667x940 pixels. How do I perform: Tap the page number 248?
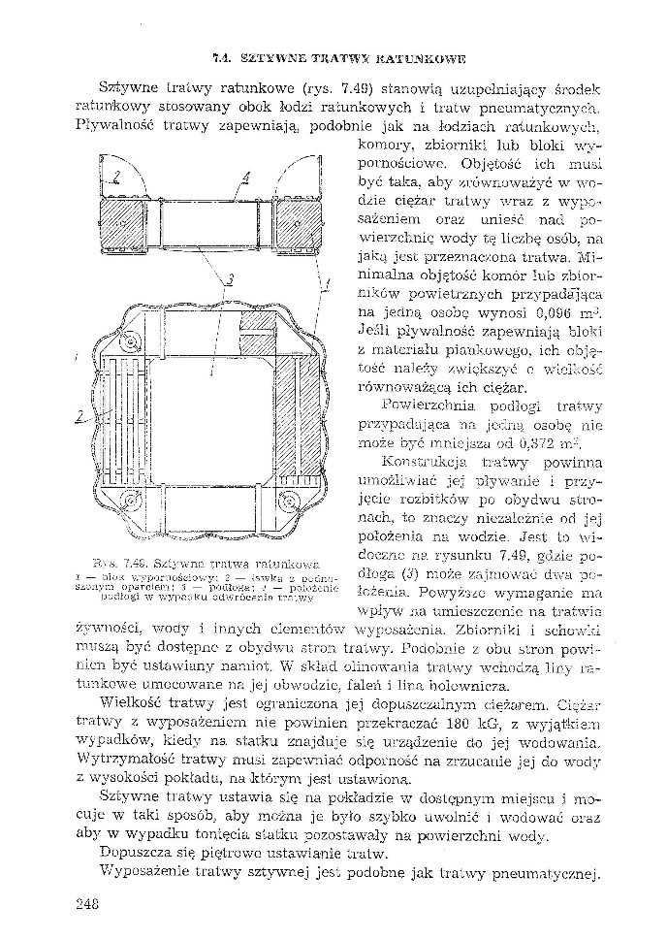[x=87, y=904]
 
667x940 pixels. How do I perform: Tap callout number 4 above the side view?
[x=246, y=178]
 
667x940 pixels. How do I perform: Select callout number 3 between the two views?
[x=230, y=281]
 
